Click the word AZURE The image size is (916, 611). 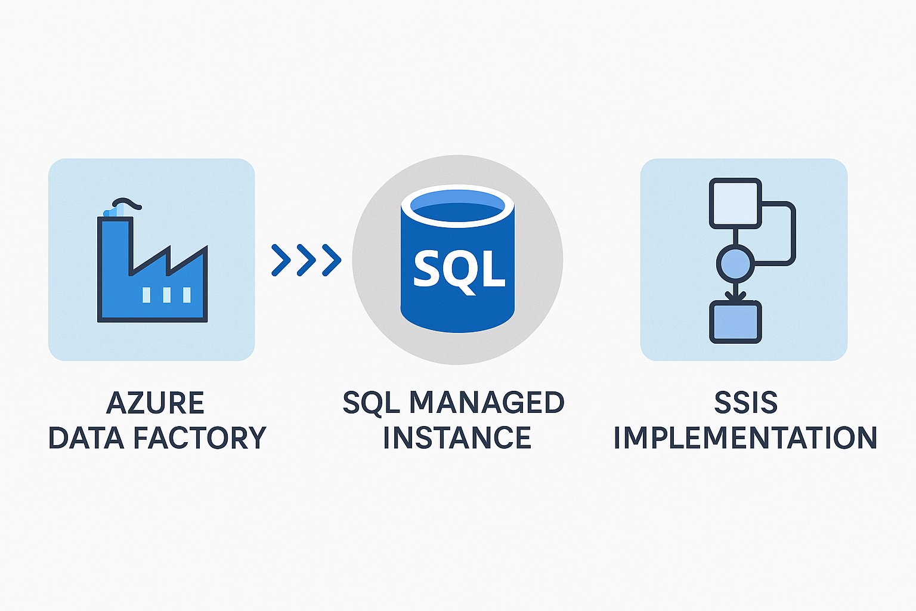(x=155, y=403)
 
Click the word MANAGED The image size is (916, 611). (x=486, y=403)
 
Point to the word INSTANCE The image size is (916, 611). (x=457, y=438)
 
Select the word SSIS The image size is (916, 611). (x=745, y=403)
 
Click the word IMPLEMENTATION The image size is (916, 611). (x=745, y=438)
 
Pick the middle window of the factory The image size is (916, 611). (x=166, y=294)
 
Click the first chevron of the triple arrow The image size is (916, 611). (x=280, y=260)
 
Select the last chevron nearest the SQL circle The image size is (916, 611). (x=332, y=260)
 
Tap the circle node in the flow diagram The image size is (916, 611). (x=735, y=263)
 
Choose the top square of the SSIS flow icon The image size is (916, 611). (x=735, y=203)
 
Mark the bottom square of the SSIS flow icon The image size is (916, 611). (x=735, y=322)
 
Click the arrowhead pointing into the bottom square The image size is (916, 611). (x=735, y=295)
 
